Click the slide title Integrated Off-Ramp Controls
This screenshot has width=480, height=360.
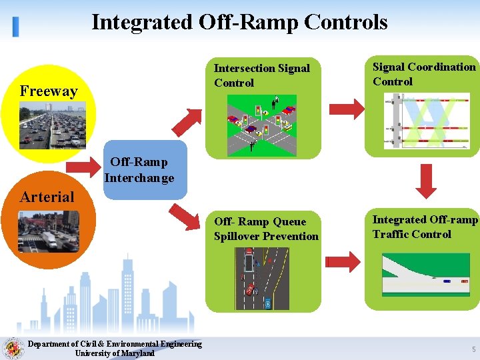click(239, 22)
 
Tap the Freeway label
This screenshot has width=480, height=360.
click(49, 91)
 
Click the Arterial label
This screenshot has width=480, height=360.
click(47, 197)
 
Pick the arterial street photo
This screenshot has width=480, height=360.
click(49, 231)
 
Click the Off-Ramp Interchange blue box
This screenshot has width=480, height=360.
click(139, 170)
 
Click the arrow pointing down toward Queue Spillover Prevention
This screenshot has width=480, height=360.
click(185, 215)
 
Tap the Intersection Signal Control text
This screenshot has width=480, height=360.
click(261, 75)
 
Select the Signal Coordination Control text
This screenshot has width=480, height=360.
click(424, 74)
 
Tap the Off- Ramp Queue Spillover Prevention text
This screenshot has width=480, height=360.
click(266, 229)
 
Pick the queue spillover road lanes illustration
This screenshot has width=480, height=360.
click(262, 279)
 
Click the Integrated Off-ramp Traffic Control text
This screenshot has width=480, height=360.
click(425, 227)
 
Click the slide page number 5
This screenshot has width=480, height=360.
click(473, 349)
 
